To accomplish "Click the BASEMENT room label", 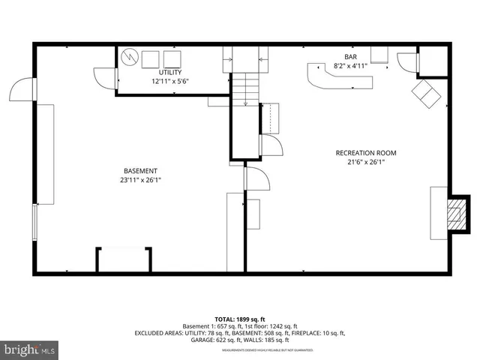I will [141, 170].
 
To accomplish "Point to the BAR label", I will [350, 57].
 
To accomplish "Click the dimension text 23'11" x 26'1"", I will [141, 180].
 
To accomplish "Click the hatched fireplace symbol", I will [454, 215].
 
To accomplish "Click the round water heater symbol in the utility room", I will [130, 57].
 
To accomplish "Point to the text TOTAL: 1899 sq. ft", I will [240, 318].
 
